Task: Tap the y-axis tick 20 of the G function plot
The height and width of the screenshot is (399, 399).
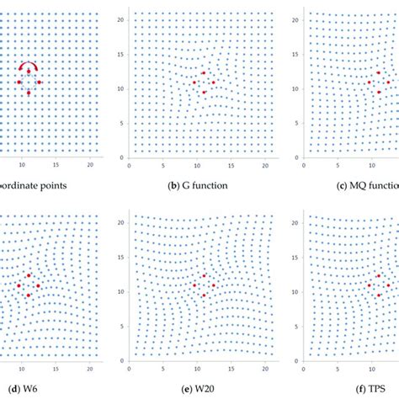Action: pos(122,19)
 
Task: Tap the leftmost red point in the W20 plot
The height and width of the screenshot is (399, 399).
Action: pos(194,285)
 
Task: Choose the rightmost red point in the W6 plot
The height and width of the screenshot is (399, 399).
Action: pos(38,286)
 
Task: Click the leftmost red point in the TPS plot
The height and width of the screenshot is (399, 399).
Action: pos(370,285)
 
